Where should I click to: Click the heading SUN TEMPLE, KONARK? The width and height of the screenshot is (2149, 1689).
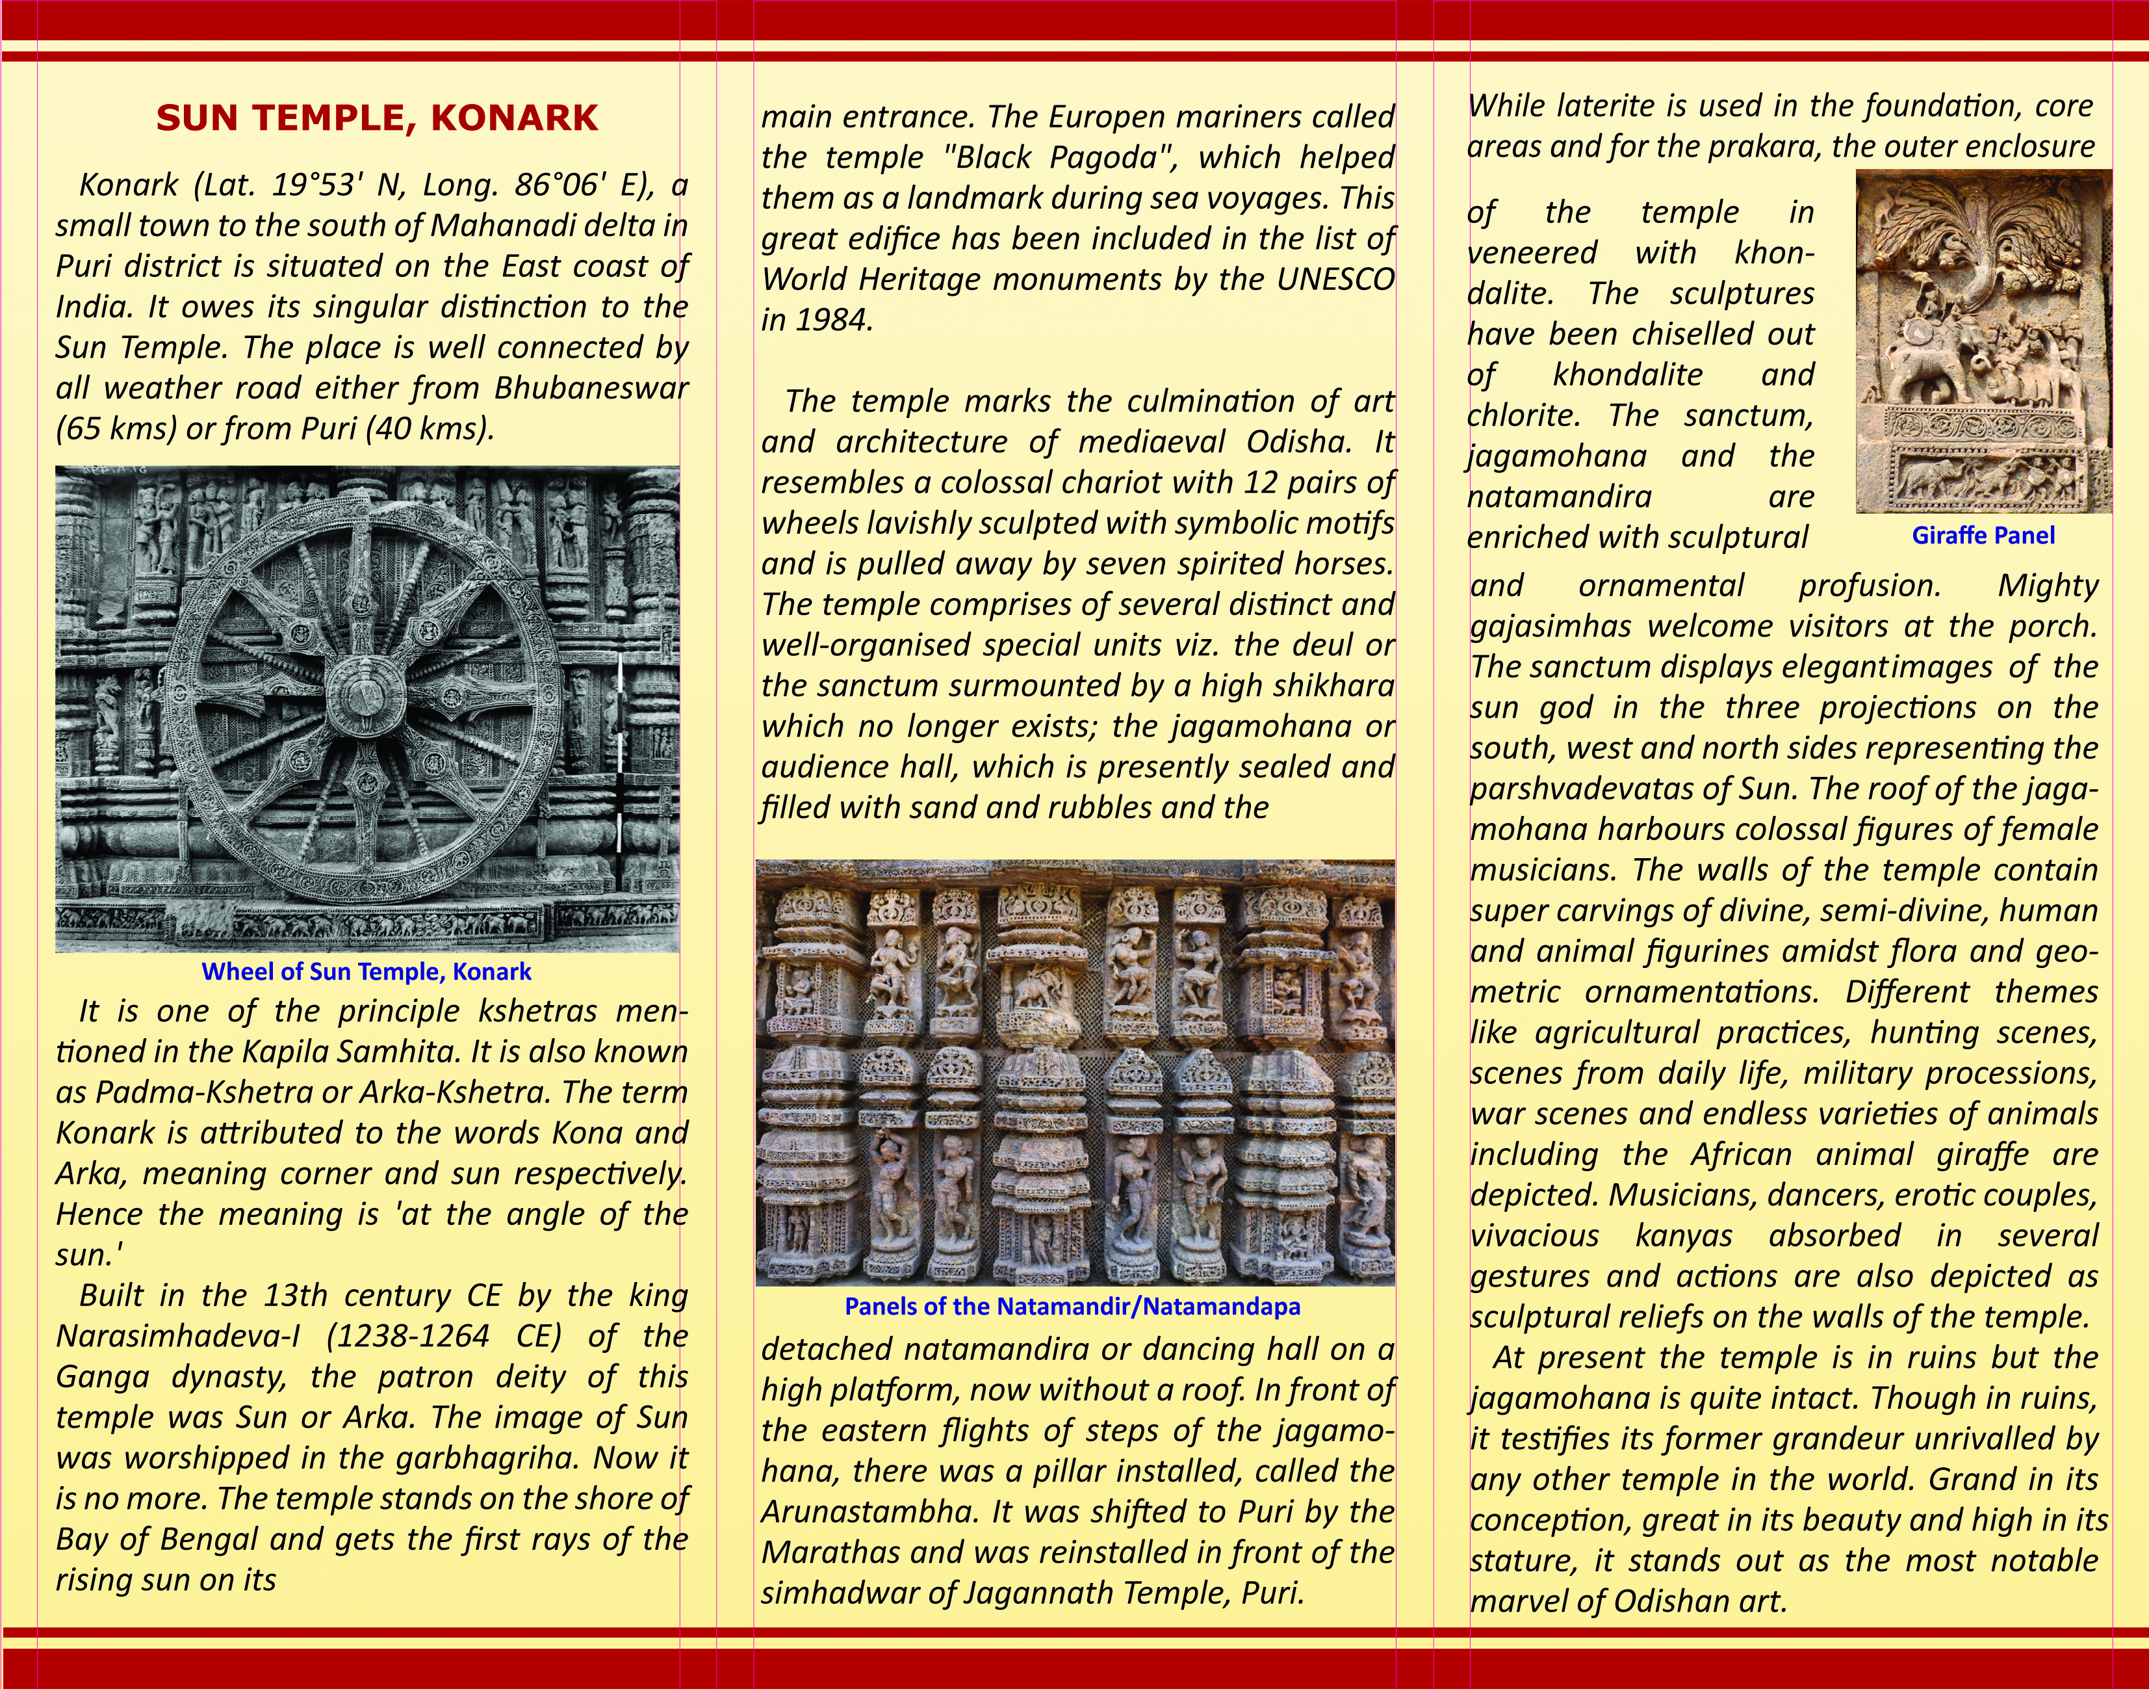[377, 118]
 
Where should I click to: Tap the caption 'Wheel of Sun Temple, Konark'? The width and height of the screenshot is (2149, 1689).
[366, 971]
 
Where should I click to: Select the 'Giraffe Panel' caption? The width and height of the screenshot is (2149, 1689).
[1983, 535]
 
